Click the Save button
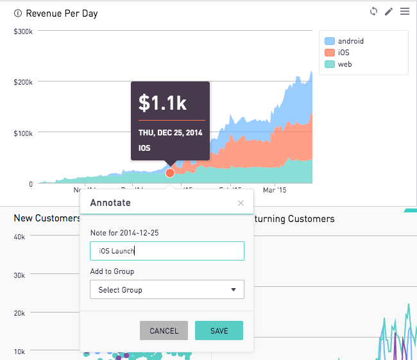click(x=219, y=330)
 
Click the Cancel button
click(x=164, y=330)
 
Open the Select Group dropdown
click(x=167, y=289)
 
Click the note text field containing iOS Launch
click(x=167, y=251)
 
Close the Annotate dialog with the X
click(x=241, y=203)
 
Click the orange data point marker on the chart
click(x=170, y=173)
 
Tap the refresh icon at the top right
click(x=373, y=12)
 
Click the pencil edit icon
click(x=389, y=12)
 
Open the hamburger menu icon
click(x=404, y=12)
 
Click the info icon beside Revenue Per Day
click(x=17, y=13)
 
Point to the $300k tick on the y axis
click(x=22, y=31)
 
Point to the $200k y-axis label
click(x=22, y=82)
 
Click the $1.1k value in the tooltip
click(x=162, y=102)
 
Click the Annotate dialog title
click(x=110, y=203)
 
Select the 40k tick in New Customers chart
click(x=19, y=237)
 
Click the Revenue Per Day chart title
click(x=62, y=13)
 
